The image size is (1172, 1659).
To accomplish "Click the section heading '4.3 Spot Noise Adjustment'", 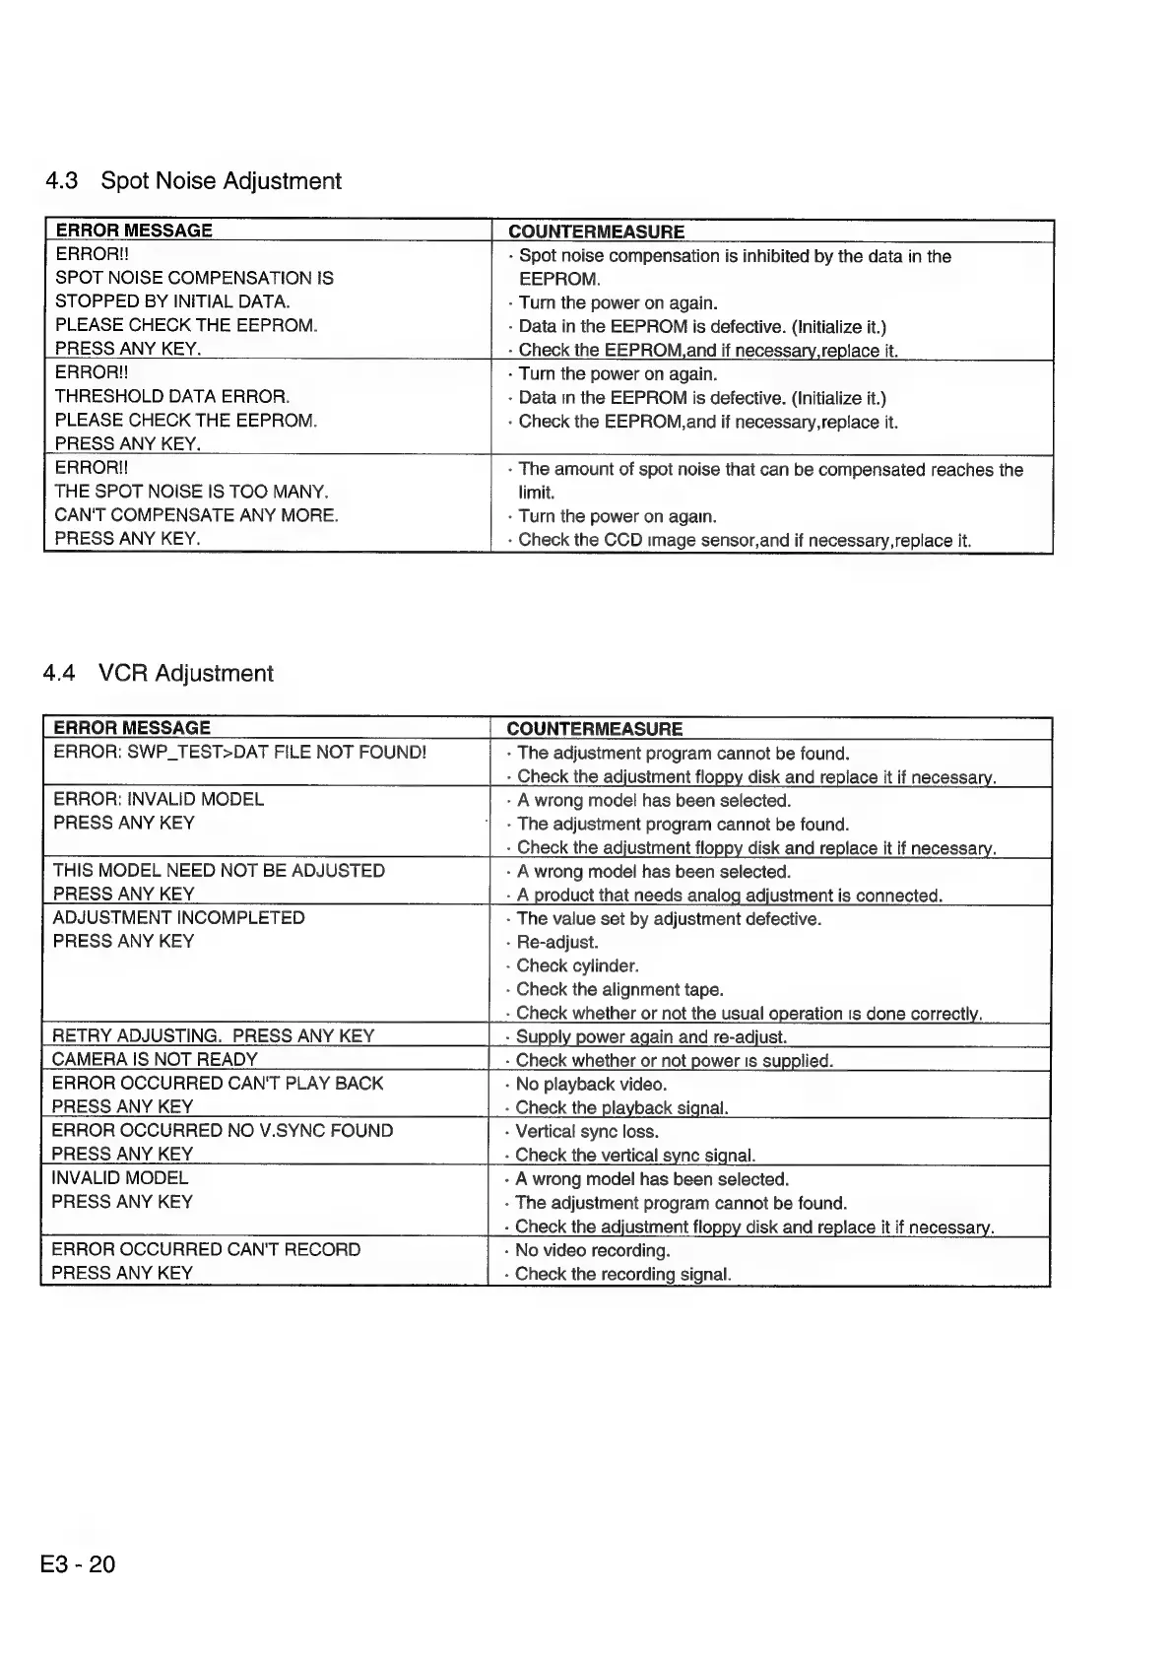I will point(193,181).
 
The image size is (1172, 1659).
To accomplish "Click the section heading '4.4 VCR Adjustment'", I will point(158,674).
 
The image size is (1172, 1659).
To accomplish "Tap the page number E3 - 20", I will point(78,1563).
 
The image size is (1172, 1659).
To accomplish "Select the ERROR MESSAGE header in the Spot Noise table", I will point(134,231).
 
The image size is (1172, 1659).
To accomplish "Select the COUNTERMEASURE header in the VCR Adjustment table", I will point(594,729).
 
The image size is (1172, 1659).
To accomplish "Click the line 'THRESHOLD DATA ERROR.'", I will point(172,397).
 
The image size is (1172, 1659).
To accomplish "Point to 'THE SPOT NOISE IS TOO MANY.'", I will point(191,492).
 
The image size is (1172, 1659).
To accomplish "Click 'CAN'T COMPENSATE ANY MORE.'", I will point(196,515).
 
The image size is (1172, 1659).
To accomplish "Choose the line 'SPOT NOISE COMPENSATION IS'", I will point(194,279).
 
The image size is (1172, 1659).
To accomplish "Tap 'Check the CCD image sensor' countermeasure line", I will point(744,540).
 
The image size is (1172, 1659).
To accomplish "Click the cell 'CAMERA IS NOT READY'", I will point(155,1060).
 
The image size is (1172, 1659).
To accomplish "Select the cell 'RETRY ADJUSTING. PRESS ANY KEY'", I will point(213,1035).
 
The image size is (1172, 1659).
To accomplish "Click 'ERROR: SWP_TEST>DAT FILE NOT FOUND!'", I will point(239,753).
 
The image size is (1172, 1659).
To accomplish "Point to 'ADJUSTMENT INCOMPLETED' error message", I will point(178,918).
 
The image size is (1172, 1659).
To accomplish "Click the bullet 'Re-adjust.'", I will point(557,942).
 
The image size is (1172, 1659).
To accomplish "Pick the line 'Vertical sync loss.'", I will point(587,1131).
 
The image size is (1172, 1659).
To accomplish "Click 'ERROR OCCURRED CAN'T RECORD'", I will point(206,1249).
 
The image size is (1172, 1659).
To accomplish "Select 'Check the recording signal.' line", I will point(622,1274).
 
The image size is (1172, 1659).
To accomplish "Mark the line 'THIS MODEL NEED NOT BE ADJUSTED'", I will point(219,871).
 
